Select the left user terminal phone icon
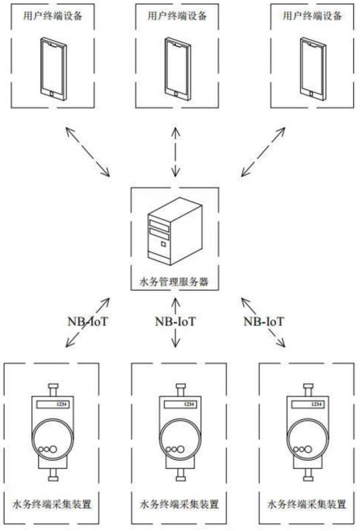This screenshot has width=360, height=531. click(52, 69)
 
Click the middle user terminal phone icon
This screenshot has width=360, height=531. click(176, 69)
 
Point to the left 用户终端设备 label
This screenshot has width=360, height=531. click(53, 15)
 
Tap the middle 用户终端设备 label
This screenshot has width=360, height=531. click(176, 15)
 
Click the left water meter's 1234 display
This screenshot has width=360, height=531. click(60, 405)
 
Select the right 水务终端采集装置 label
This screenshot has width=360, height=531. click(308, 503)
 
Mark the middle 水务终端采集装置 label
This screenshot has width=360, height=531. click(179, 503)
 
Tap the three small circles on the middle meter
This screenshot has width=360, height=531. click(174, 450)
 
